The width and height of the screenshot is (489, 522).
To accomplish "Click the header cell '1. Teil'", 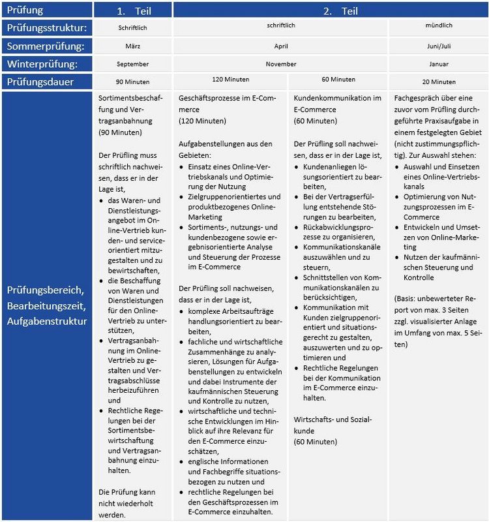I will pos(133,10).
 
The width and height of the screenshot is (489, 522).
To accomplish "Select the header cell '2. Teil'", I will pos(330,10).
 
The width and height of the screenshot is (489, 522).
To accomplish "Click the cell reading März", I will pos(133,46).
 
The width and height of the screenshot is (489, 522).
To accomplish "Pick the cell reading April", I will pos(281,46).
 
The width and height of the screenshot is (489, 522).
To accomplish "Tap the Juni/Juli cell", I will pos(438,46).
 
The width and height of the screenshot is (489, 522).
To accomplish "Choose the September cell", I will pos(133,65).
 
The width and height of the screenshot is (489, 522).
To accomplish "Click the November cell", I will pos(281,65).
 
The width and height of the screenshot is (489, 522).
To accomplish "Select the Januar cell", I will pos(438,65).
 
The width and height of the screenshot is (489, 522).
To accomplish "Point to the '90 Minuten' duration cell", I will pos(133,82).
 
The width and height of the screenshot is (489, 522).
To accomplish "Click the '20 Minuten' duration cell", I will pos(438,82).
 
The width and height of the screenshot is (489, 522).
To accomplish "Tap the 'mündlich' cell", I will pos(438,26).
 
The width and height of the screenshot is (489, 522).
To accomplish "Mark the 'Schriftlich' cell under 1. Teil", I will pos(133,29).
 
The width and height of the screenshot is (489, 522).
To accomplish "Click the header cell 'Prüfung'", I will pos(25,10).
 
